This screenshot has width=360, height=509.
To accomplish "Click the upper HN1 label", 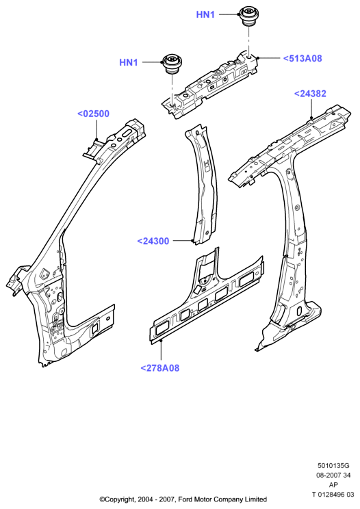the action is pos(205,14).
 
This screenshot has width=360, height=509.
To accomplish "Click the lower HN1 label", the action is pos(129,62).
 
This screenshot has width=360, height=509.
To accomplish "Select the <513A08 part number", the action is pos(303,58).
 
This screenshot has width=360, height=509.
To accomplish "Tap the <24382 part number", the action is pos(310,94).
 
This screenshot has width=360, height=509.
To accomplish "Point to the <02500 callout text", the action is pos(94,114).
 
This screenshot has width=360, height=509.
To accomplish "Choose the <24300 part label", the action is pos(153,242).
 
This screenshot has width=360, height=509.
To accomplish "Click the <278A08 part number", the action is pos(159,368).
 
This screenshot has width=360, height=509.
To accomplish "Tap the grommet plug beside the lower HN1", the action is pos(172,64).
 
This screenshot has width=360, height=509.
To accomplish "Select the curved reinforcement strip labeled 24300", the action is pos(203,185).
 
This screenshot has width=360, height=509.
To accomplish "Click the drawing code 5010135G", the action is pos(333,466).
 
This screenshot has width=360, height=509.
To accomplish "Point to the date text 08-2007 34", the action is pos(333,475).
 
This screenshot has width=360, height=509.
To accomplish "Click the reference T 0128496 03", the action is pos(333,495).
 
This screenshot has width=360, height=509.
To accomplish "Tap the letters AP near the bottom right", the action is pos(333,484).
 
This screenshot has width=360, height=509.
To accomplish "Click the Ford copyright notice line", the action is pos(183,499).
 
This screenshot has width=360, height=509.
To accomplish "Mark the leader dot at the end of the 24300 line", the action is pos(193,241).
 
